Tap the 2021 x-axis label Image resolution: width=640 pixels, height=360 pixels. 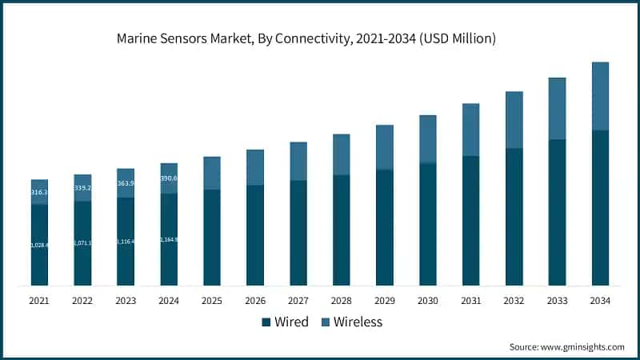point(39,300)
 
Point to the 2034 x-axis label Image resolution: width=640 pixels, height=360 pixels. point(600,300)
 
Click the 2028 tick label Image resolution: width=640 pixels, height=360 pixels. point(341,300)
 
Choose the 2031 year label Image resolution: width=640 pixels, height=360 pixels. point(470,300)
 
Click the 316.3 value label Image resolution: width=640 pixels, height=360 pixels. point(39,193)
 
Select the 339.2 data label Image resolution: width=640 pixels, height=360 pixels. point(82,188)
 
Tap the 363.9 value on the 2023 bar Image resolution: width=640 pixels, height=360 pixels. point(126,183)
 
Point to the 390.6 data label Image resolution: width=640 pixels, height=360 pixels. point(169,178)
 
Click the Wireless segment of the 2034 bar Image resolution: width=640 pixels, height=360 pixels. point(600,96)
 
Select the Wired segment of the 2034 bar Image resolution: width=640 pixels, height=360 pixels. point(600,208)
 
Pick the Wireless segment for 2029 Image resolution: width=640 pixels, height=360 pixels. point(384,147)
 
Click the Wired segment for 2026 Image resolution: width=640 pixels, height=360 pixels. point(255,235)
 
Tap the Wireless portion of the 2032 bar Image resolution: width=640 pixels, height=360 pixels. point(514,120)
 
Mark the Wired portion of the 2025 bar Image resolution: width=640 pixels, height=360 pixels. point(212,238)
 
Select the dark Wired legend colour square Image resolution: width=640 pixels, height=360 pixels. point(266,322)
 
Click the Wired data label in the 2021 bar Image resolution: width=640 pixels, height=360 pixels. point(39,245)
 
